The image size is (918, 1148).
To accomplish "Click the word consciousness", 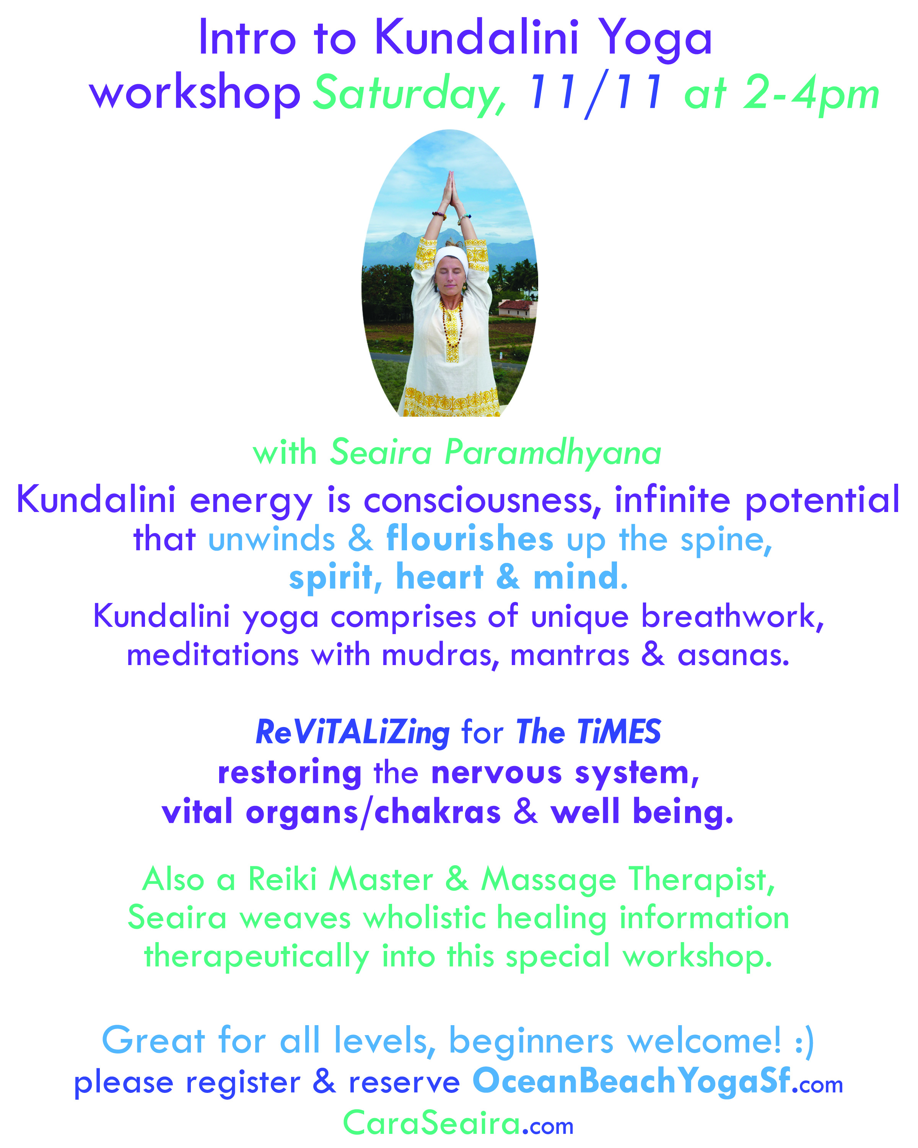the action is point(483,501).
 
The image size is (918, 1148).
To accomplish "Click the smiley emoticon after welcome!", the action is point(804,1040).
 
